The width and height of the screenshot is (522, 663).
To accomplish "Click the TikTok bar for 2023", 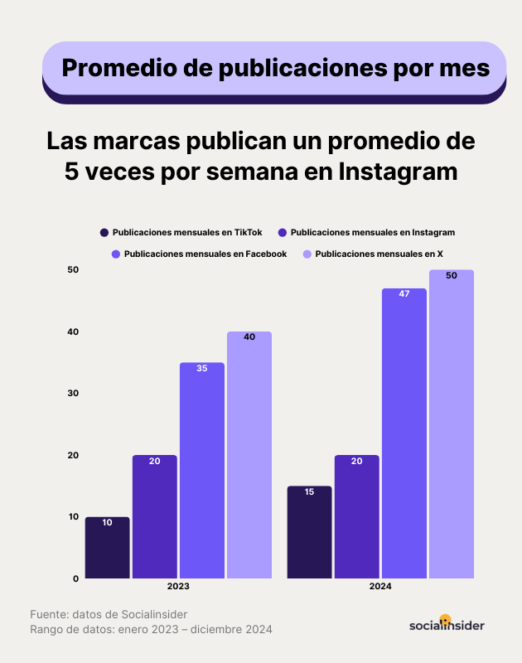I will (x=108, y=548).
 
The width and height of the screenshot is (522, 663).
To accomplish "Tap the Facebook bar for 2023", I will (x=202, y=470).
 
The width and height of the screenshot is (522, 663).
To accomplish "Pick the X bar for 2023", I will (x=249, y=455).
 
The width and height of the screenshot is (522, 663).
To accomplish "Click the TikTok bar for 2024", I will (x=310, y=532).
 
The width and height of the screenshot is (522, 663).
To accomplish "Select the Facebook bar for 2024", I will (x=404, y=433).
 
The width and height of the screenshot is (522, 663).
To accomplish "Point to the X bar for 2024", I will (x=452, y=423).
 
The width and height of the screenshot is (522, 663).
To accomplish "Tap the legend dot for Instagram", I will (x=283, y=233).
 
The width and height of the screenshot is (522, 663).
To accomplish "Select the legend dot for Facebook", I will (x=115, y=254).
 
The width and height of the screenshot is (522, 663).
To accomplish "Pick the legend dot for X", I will (x=307, y=254).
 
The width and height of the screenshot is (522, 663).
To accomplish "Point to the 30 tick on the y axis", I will (x=73, y=393).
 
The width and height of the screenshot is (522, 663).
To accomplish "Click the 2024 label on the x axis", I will (x=381, y=586).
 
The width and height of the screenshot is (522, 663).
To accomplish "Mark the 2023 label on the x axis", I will (x=178, y=586).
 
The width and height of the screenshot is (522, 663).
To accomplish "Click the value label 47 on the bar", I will (x=404, y=294).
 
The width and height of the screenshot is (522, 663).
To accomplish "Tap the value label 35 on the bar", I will (x=202, y=368).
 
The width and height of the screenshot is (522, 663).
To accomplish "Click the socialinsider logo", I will (x=447, y=624).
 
